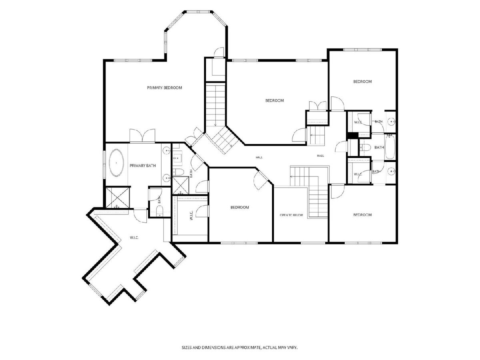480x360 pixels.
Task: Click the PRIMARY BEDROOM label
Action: click(164, 88)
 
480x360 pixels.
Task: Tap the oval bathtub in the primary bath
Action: click(116, 163)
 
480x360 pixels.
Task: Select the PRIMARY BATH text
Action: click(142, 166)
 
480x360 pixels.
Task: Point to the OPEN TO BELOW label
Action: click(291, 215)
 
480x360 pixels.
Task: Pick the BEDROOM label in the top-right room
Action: click(362, 82)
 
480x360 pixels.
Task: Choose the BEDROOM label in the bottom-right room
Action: click(362, 215)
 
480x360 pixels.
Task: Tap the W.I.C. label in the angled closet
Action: click(134, 238)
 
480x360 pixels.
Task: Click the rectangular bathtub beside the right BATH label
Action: click(390, 147)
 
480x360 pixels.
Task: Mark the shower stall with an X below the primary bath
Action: click(118, 197)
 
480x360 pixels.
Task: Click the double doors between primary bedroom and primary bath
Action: click(142, 136)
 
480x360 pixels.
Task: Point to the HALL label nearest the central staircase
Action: click(259, 157)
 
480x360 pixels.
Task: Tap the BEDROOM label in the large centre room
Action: click(274, 100)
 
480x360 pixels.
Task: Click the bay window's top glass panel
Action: click(198, 12)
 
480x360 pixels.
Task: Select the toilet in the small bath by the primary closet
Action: click(160, 212)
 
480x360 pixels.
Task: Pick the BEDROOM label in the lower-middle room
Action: click(240, 207)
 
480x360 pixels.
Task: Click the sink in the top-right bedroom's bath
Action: click(391, 121)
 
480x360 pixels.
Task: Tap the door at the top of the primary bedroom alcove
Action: click(219, 52)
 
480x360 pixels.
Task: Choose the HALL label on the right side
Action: click(320, 156)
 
